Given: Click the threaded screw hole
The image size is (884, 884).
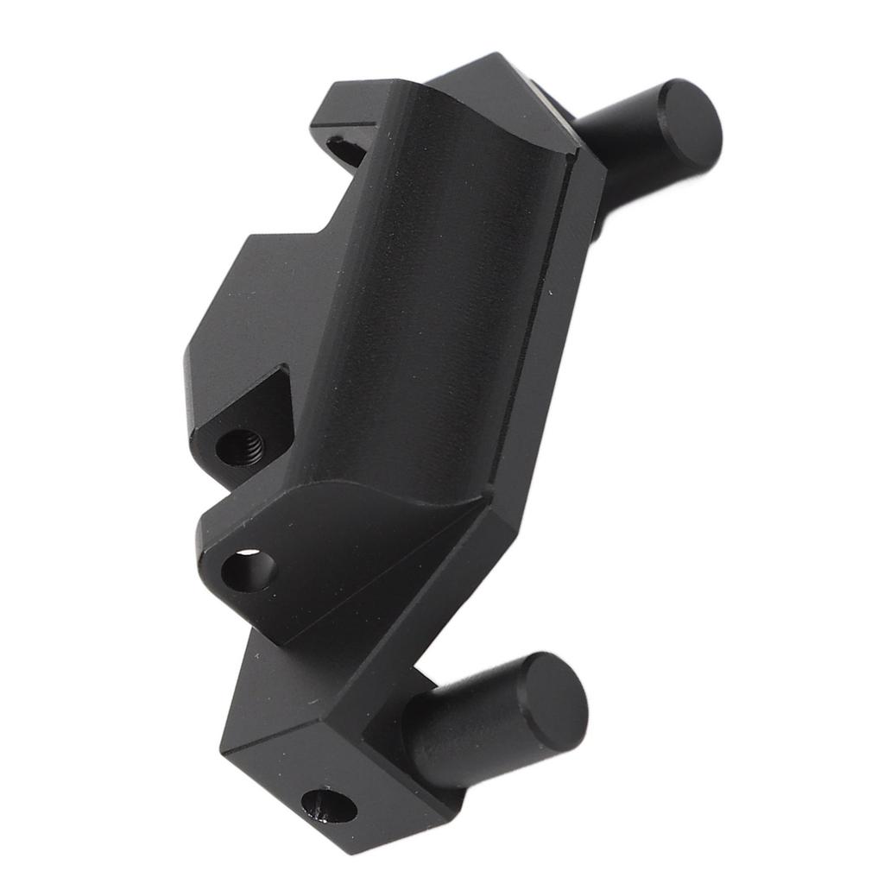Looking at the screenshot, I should tap(239, 447).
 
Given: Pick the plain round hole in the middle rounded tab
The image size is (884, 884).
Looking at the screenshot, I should tap(249, 571).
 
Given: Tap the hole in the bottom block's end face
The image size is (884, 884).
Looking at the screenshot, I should tap(328, 807).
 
